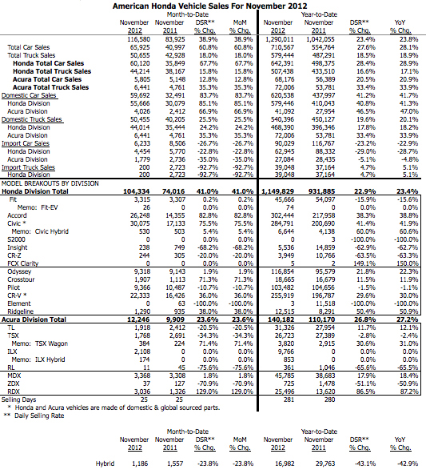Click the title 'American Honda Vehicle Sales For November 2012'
(213, 6)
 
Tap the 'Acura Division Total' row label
(42, 319)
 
